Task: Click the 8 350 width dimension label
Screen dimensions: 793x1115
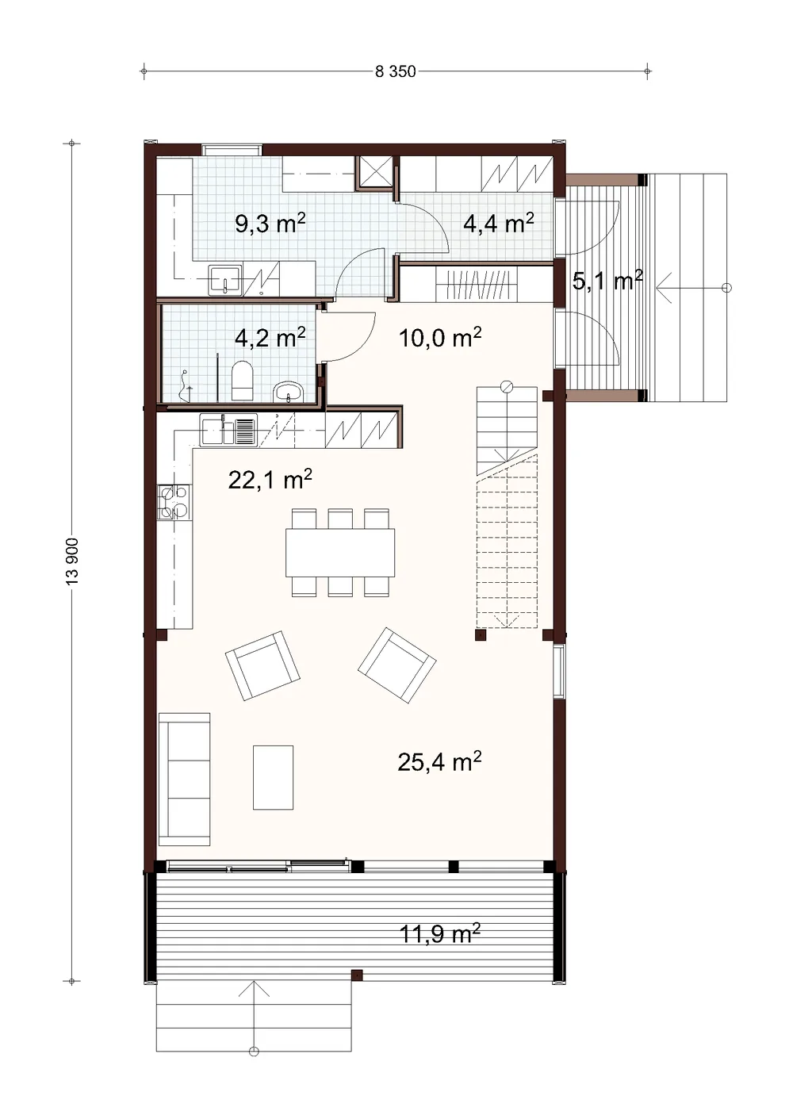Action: [395, 71]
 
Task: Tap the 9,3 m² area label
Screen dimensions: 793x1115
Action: [270, 224]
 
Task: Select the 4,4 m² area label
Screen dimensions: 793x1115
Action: [498, 223]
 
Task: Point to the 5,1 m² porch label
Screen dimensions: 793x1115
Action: [607, 281]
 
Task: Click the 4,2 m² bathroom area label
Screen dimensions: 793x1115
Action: [270, 338]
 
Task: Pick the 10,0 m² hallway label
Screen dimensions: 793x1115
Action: [440, 338]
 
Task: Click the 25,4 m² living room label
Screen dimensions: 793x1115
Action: [439, 761]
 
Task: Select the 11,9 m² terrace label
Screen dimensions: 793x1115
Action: [439, 933]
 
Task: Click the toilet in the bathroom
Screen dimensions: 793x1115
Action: [243, 381]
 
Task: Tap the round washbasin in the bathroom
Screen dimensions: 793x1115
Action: [288, 391]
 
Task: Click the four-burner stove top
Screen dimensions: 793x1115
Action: [174, 502]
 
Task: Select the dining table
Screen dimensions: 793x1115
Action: [340, 553]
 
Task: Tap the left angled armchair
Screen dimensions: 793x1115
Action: [262, 666]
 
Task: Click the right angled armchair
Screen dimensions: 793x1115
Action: [396, 665]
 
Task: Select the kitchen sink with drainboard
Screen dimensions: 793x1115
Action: [228, 430]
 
